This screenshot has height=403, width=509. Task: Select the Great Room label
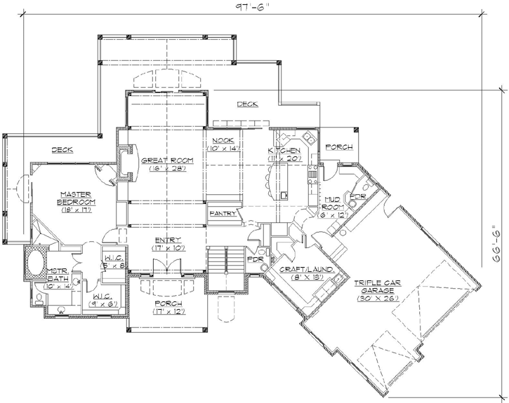pyautogui.click(x=167, y=160)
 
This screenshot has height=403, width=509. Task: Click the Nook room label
pyautogui.click(x=223, y=140)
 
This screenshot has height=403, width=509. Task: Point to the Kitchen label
pyautogui.click(x=284, y=151)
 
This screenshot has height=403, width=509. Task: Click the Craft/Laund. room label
pyautogui.click(x=307, y=269)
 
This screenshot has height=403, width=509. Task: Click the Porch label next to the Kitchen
pyautogui.click(x=341, y=146)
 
